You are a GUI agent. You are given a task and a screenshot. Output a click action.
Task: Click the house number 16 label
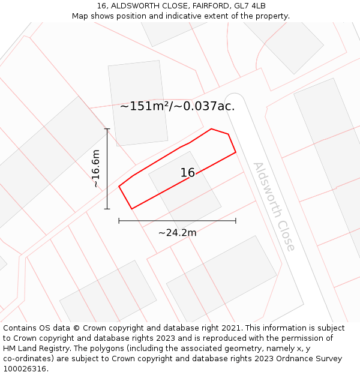point(187,173)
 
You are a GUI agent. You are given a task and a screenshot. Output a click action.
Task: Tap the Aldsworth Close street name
point(274,206)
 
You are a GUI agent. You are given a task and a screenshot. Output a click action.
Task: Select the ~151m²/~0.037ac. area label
point(177,107)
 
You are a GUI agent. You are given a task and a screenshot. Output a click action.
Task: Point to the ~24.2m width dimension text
point(177,233)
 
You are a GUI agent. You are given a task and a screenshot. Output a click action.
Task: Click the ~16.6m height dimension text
point(96,169)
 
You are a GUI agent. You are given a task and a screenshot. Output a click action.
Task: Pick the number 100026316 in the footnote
point(24,369)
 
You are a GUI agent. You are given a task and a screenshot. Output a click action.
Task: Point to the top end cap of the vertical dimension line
point(107,129)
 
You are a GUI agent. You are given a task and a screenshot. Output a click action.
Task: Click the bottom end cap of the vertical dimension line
point(107,209)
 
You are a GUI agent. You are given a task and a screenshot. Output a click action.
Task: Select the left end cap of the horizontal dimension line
point(119,221)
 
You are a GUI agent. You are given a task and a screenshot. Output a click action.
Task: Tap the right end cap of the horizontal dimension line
point(236,221)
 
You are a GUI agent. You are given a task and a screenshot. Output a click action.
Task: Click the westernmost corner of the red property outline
point(119,186)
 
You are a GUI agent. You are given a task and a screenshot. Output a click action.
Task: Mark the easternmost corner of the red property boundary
point(236,152)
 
